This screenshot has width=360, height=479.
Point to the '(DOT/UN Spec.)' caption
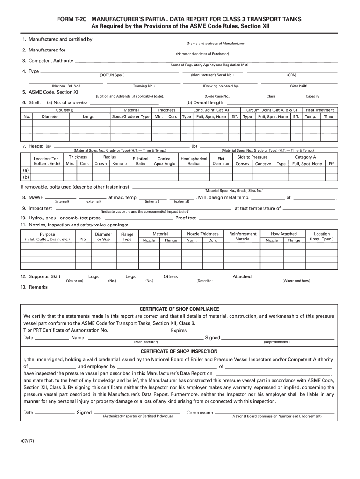tap(112, 75)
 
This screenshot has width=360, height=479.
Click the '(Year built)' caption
tap(298, 86)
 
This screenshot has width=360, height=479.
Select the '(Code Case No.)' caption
tap(217, 96)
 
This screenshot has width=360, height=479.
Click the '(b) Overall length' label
tap(205, 102)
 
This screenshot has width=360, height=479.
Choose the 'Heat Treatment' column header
tap(319, 110)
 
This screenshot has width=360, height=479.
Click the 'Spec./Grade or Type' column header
tap(130, 116)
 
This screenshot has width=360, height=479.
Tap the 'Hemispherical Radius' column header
tap(194, 161)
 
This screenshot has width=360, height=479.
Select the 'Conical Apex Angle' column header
tap(165, 161)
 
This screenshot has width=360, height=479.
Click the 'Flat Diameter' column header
tap(221, 161)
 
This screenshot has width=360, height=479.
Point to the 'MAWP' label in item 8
tap(36, 198)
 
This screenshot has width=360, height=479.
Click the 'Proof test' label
tap(186, 218)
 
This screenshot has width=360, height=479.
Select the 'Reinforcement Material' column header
tap(243, 236)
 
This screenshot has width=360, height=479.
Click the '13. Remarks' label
tap(34, 287)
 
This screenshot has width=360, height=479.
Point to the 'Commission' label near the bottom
tap(200, 413)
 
